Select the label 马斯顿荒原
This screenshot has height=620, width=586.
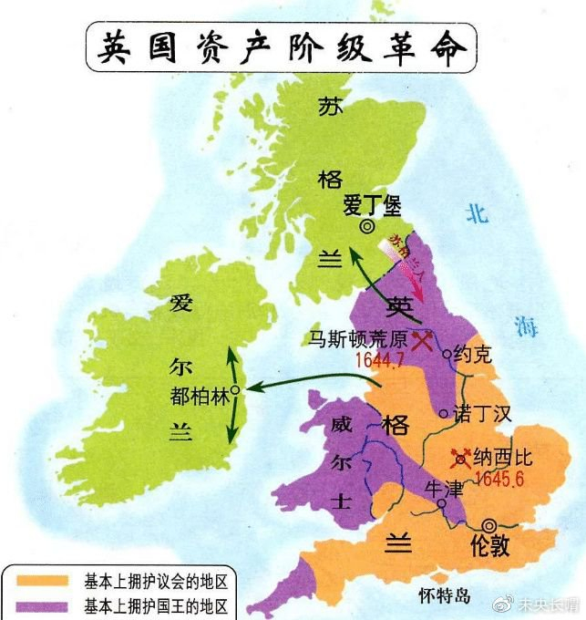(x=351, y=339)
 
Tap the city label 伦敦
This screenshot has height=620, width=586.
(x=488, y=547)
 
